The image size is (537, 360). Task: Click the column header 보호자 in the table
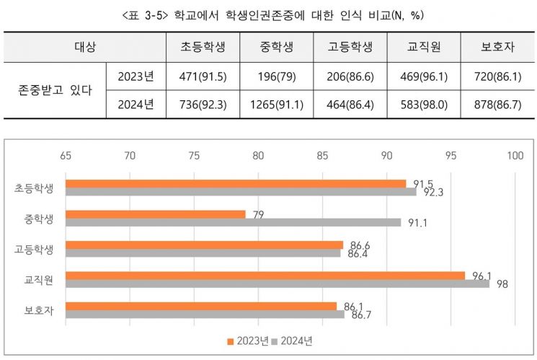497,48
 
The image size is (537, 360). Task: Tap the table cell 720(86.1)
497,76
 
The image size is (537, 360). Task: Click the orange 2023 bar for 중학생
155,214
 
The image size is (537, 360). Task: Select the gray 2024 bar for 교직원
277,284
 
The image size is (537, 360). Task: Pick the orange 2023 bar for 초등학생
235,183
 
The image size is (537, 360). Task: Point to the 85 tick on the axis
322,154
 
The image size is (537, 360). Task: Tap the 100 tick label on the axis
515,154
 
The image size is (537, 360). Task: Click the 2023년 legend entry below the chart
248,341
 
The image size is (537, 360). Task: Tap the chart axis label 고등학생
33,249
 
